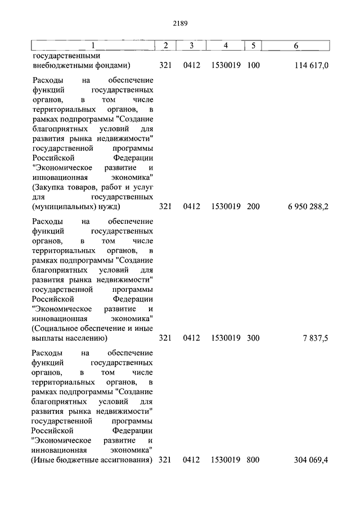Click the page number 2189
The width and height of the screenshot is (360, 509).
180,24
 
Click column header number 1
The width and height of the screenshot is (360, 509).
93,45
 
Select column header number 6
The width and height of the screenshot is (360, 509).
296,45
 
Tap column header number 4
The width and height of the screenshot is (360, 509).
225,45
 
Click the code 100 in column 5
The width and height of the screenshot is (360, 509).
253,66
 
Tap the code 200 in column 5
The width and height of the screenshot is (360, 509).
253,207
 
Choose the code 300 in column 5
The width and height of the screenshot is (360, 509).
253,338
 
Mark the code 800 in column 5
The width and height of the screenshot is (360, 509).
253,460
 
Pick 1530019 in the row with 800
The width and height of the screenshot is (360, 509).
226,460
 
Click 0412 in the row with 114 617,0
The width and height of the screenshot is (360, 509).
192,66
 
